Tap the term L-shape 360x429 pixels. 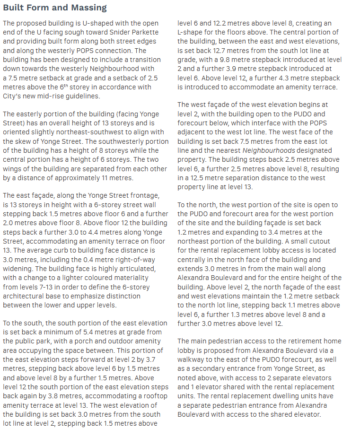point(192,32)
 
